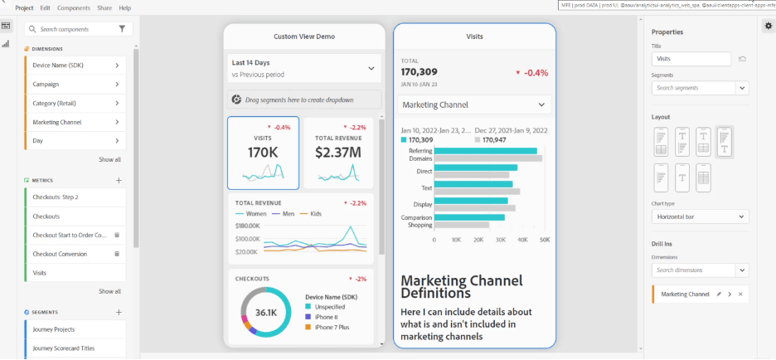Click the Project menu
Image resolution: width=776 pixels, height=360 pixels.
[24, 7]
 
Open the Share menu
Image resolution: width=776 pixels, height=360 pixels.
[104, 7]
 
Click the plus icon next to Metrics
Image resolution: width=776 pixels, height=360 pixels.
[119, 180]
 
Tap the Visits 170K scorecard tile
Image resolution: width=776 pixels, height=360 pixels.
[264, 153]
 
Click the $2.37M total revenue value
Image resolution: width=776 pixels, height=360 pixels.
[338, 153]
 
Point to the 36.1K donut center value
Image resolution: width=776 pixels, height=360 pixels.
[265, 313]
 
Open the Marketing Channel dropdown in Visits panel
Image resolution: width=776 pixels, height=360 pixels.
[473, 105]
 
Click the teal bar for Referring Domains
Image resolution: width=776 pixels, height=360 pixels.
[485, 151]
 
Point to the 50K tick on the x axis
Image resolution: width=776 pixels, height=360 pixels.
[545, 240]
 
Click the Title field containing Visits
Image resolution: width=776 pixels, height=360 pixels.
[691, 59]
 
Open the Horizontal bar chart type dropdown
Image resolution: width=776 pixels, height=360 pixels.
[700, 216]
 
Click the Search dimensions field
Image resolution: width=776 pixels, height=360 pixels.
[693, 270]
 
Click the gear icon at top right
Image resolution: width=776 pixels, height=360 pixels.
[768, 26]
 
